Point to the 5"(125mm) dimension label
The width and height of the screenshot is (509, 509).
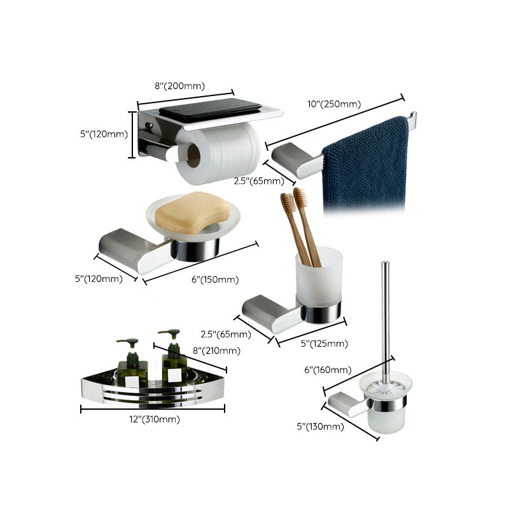[x=324, y=344]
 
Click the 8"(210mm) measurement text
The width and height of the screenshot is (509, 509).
[x=216, y=351]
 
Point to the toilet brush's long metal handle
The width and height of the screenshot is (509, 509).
[x=385, y=318]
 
